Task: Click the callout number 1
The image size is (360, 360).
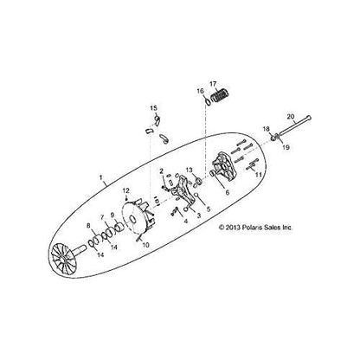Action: click(102, 183)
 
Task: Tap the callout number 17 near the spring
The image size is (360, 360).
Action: click(213, 85)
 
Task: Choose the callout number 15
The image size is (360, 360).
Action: click(153, 109)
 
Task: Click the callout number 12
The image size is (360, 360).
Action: click(125, 213)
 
